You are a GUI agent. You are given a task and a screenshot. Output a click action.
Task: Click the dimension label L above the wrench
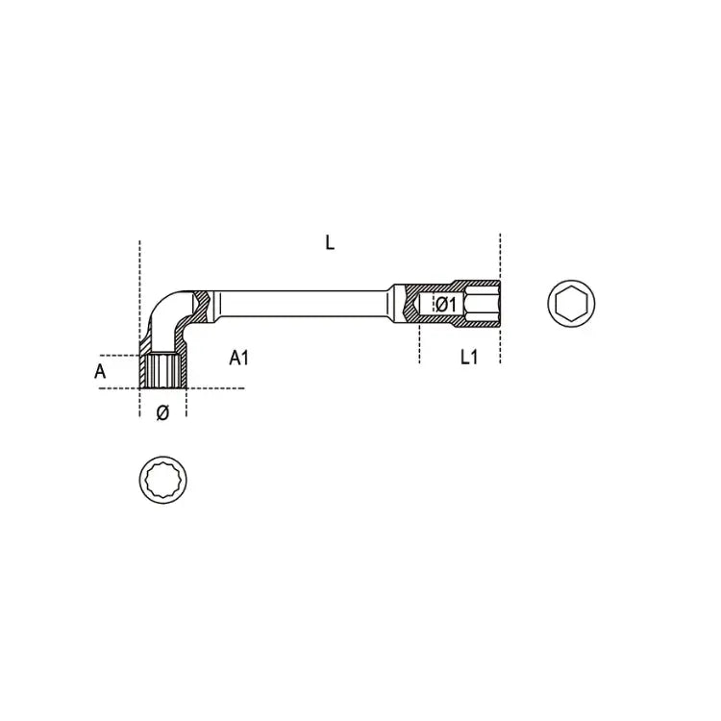pyautogui.click(x=330, y=243)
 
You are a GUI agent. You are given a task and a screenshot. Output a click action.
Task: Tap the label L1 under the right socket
pyautogui.click(x=468, y=358)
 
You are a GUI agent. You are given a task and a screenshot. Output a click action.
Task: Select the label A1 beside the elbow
pyautogui.click(x=238, y=358)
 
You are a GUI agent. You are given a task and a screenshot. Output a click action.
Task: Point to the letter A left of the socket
pyautogui.click(x=100, y=370)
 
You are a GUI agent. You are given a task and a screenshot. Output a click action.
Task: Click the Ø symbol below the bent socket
pyautogui.click(x=162, y=412)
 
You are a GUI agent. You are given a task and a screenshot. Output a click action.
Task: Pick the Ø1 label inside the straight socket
pyautogui.click(x=444, y=305)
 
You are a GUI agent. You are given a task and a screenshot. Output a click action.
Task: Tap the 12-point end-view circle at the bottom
pyautogui.click(x=162, y=476)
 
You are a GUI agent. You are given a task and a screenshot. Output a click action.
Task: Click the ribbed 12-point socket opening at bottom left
pyautogui.click(x=162, y=371)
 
